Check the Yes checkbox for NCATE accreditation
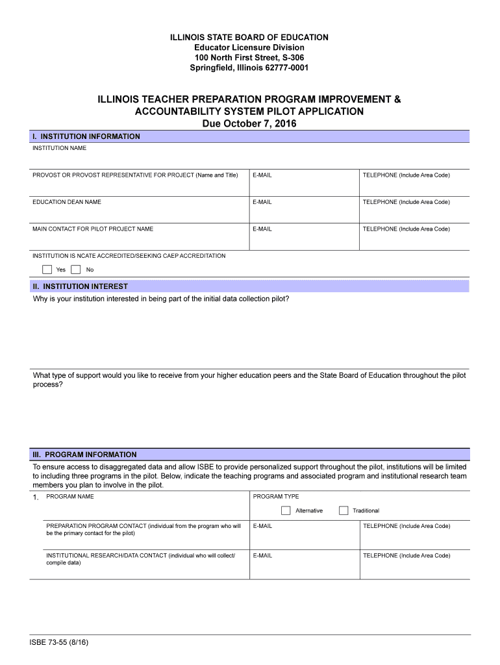47,270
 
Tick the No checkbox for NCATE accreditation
76,270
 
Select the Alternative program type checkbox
286,510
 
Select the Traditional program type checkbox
344,510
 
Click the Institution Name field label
59,148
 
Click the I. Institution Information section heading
86,136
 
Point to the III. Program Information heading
84,455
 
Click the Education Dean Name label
67,202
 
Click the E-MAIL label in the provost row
262,175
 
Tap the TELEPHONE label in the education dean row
406,202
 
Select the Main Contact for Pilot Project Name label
93,229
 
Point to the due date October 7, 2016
249,123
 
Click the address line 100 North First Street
249,58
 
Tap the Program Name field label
70,497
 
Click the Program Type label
276,497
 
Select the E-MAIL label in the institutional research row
262,555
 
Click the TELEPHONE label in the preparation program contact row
406,526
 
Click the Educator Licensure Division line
249,47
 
